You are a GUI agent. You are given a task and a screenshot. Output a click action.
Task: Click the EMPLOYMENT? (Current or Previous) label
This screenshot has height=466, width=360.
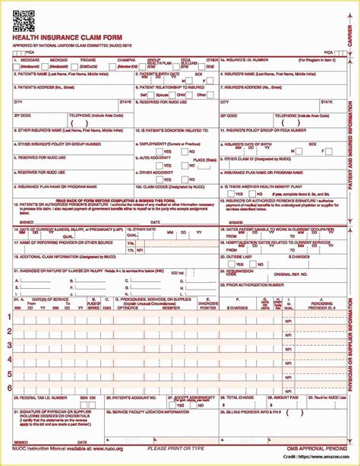point(172,142)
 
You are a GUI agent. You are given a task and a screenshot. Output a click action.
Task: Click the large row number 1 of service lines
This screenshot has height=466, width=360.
point(9,317)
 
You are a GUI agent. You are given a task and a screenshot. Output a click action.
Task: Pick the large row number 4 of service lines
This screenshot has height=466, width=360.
point(9,359)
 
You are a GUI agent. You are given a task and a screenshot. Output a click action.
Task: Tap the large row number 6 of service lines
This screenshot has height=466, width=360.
point(9,387)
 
